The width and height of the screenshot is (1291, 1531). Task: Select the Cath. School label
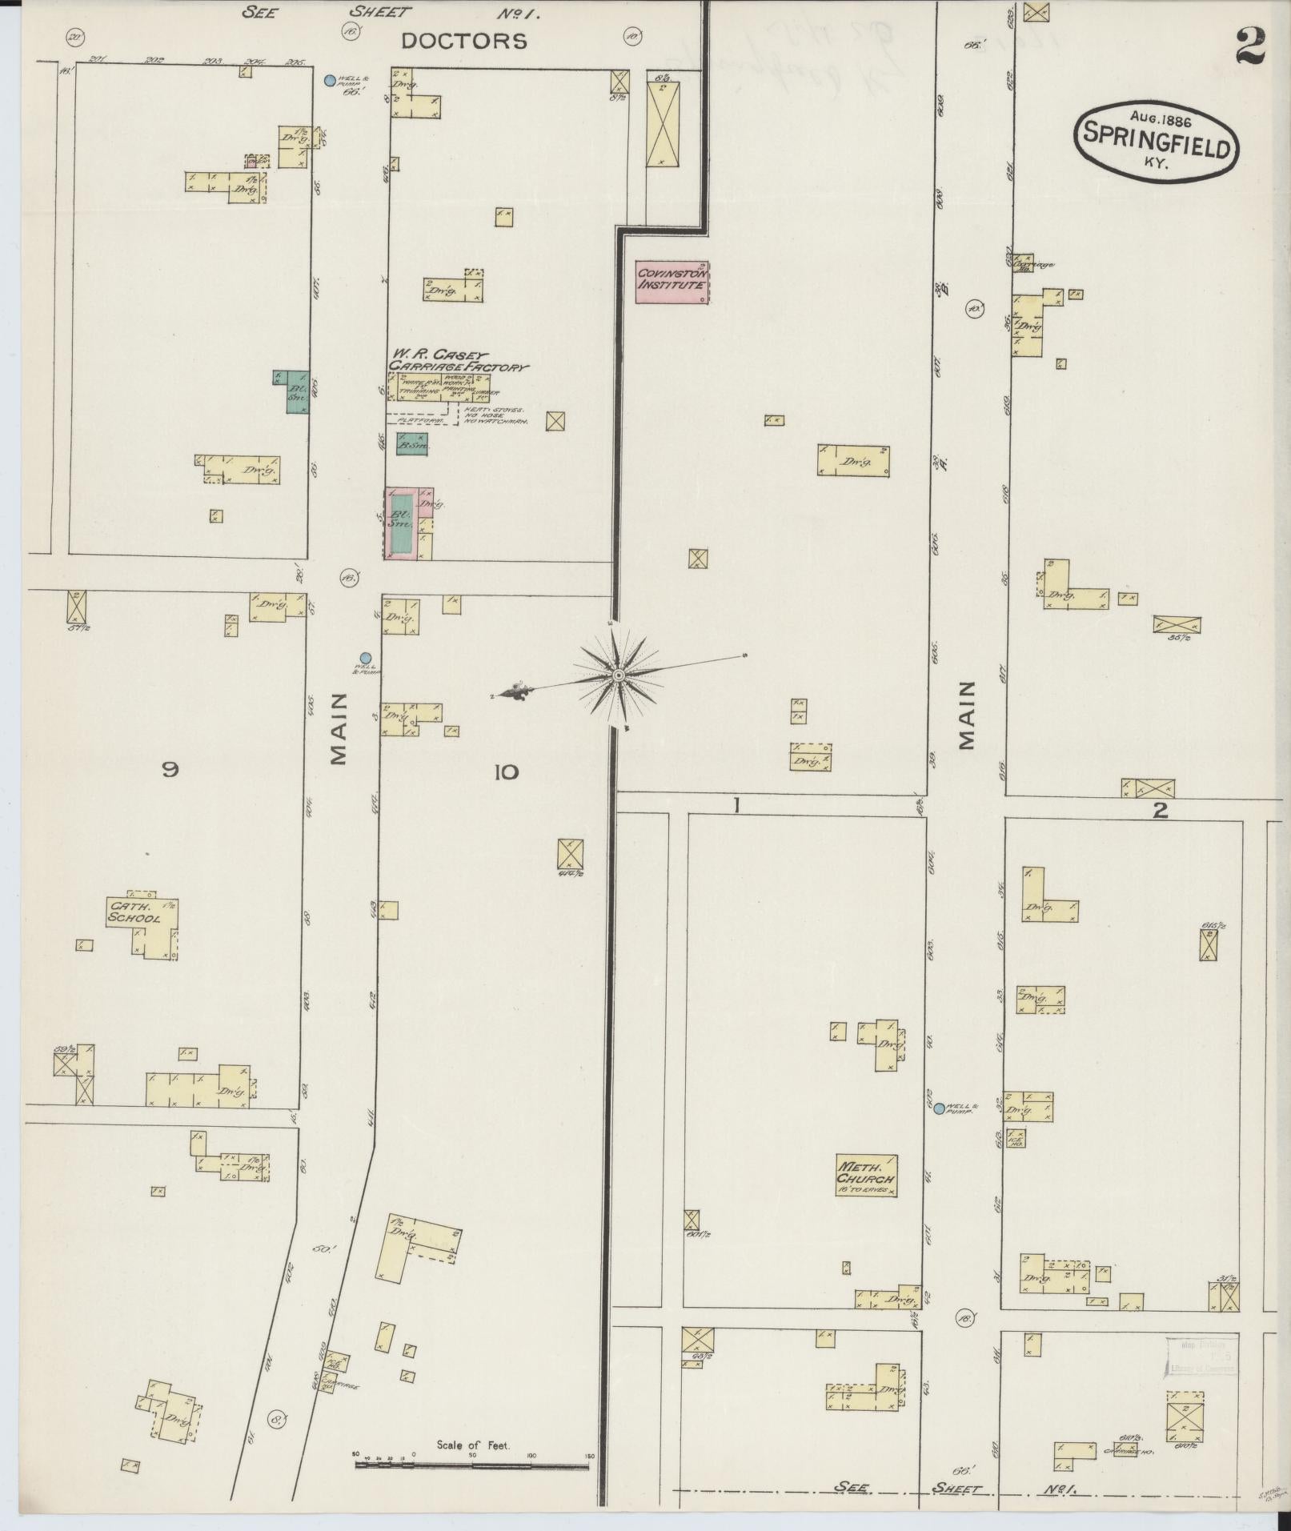click(134, 912)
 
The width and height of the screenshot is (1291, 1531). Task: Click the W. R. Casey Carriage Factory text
click(457, 360)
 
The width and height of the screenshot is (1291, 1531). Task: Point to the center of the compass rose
click(618, 676)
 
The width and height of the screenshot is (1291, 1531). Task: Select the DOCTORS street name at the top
click(464, 42)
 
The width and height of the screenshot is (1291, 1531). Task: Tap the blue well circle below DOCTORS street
click(329, 80)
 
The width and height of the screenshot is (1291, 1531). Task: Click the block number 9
click(170, 770)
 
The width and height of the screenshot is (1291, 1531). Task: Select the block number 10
click(506, 772)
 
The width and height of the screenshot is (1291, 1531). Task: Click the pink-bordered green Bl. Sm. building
click(400, 524)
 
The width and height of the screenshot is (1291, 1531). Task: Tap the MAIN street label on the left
click(339, 728)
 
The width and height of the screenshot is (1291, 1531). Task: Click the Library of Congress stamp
click(1199, 1356)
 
